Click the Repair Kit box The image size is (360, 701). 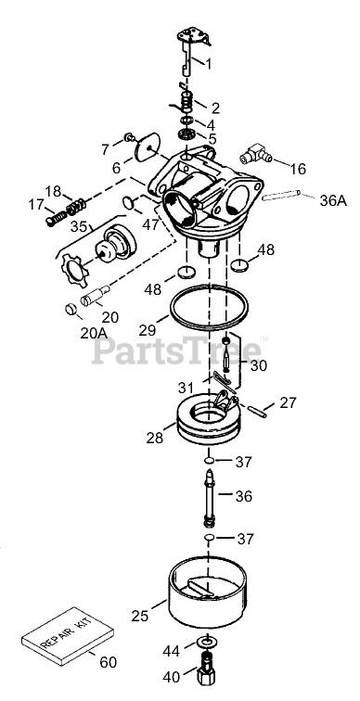pyautogui.click(x=68, y=635)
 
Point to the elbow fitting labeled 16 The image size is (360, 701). pyautogui.click(x=255, y=154)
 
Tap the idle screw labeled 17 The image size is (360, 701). pyautogui.click(x=56, y=217)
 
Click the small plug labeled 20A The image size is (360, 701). pyautogui.click(x=71, y=309)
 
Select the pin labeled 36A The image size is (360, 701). pyautogui.click(x=281, y=195)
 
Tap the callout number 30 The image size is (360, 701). pyautogui.click(x=259, y=365)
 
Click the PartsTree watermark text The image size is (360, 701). pyautogui.click(x=176, y=350)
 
